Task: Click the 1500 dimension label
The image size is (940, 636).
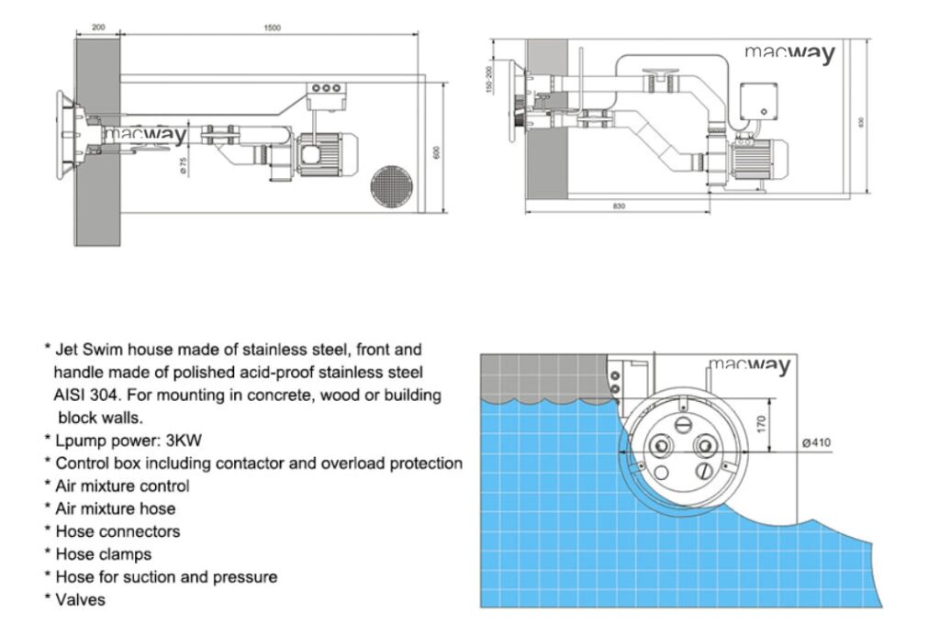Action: pos(272,28)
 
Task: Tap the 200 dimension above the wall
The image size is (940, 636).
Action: pos(98,28)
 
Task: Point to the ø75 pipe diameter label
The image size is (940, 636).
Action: pos(183,165)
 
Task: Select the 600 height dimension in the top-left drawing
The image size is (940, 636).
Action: pos(437,151)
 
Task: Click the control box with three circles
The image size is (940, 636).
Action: pos(326,89)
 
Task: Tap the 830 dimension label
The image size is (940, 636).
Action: pos(618,206)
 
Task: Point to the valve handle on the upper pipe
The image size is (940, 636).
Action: pos(663,72)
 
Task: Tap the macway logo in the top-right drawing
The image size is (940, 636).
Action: pos(789,53)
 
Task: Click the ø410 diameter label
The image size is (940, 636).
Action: pos(815,442)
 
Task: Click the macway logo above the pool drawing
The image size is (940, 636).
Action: pos(748,366)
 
